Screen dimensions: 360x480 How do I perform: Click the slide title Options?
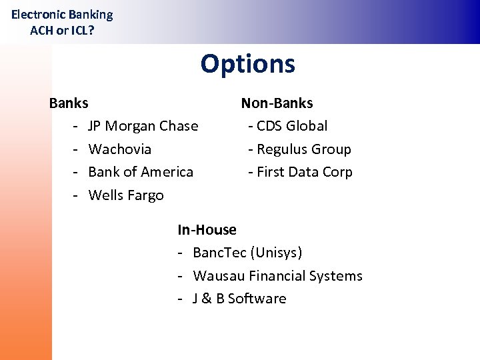coord(247,64)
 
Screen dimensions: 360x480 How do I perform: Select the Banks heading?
coord(69,103)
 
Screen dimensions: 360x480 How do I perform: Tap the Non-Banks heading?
coord(277,103)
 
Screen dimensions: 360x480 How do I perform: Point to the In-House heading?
coord(207,230)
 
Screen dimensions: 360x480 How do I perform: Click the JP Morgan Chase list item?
coord(143,126)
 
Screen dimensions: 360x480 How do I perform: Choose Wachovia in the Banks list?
coord(119,149)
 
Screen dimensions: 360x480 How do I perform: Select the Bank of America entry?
coord(141,172)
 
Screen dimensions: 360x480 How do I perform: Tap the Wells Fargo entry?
coord(125,195)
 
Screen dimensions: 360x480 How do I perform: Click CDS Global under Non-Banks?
coord(291,126)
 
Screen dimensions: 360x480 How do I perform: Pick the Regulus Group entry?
coord(303,149)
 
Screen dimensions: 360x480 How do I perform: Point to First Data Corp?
coord(304,172)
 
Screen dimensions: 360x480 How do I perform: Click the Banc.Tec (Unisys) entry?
coord(247,253)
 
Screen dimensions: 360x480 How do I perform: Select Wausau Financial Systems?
coord(277,276)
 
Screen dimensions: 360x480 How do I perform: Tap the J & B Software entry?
coord(239,299)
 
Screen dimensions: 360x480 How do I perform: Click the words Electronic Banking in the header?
coord(62,15)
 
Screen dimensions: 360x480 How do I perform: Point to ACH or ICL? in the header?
coord(62,30)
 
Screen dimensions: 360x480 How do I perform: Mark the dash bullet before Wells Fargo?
coord(76,195)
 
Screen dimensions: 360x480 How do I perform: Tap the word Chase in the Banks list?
coord(180,126)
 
